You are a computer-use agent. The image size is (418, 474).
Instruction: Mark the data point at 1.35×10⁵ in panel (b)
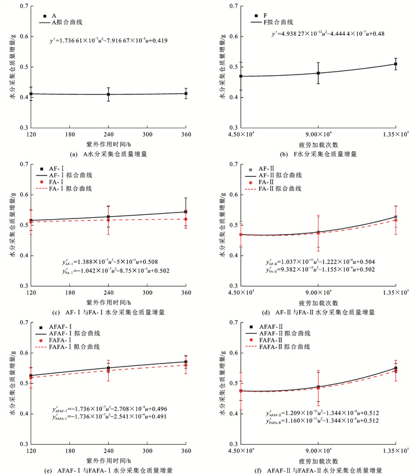(396, 64)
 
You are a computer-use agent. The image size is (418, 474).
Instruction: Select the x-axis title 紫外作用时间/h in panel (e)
(108, 460)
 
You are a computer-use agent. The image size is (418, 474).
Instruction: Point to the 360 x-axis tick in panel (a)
(186, 136)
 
